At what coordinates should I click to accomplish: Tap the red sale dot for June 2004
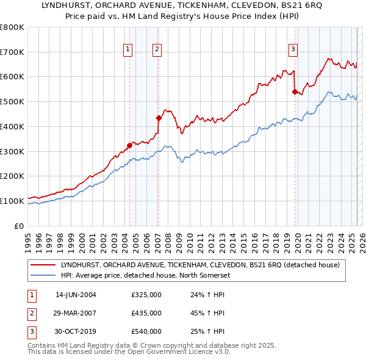click(x=129, y=145)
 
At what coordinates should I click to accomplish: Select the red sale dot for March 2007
click(x=159, y=118)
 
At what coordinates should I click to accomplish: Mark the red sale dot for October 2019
click(x=295, y=92)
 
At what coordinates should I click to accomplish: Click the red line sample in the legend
click(x=43, y=265)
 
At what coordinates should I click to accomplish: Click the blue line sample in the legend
click(x=43, y=275)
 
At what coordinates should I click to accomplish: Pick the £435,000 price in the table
click(x=146, y=313)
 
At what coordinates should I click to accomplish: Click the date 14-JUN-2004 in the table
click(x=76, y=295)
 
